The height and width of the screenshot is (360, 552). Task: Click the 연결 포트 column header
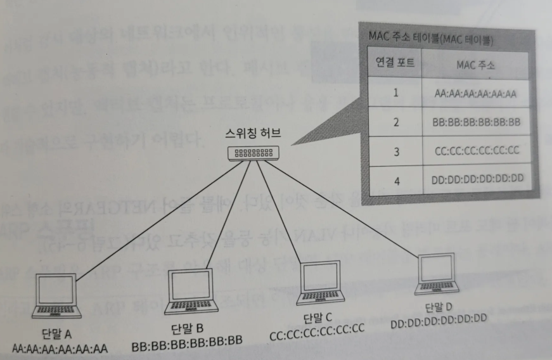pos(394,65)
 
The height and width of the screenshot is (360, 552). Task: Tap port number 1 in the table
pos(395,93)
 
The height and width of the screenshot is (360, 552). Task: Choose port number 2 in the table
pos(395,122)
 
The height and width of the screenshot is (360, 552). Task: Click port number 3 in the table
pos(395,151)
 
